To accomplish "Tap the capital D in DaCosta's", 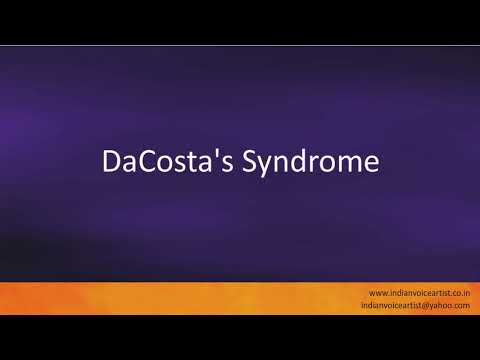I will (112, 161).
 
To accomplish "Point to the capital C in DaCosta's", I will (144, 161).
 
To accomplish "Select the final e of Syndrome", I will (372, 163).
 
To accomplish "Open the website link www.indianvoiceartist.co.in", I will (419, 291).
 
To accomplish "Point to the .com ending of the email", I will (464, 305).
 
